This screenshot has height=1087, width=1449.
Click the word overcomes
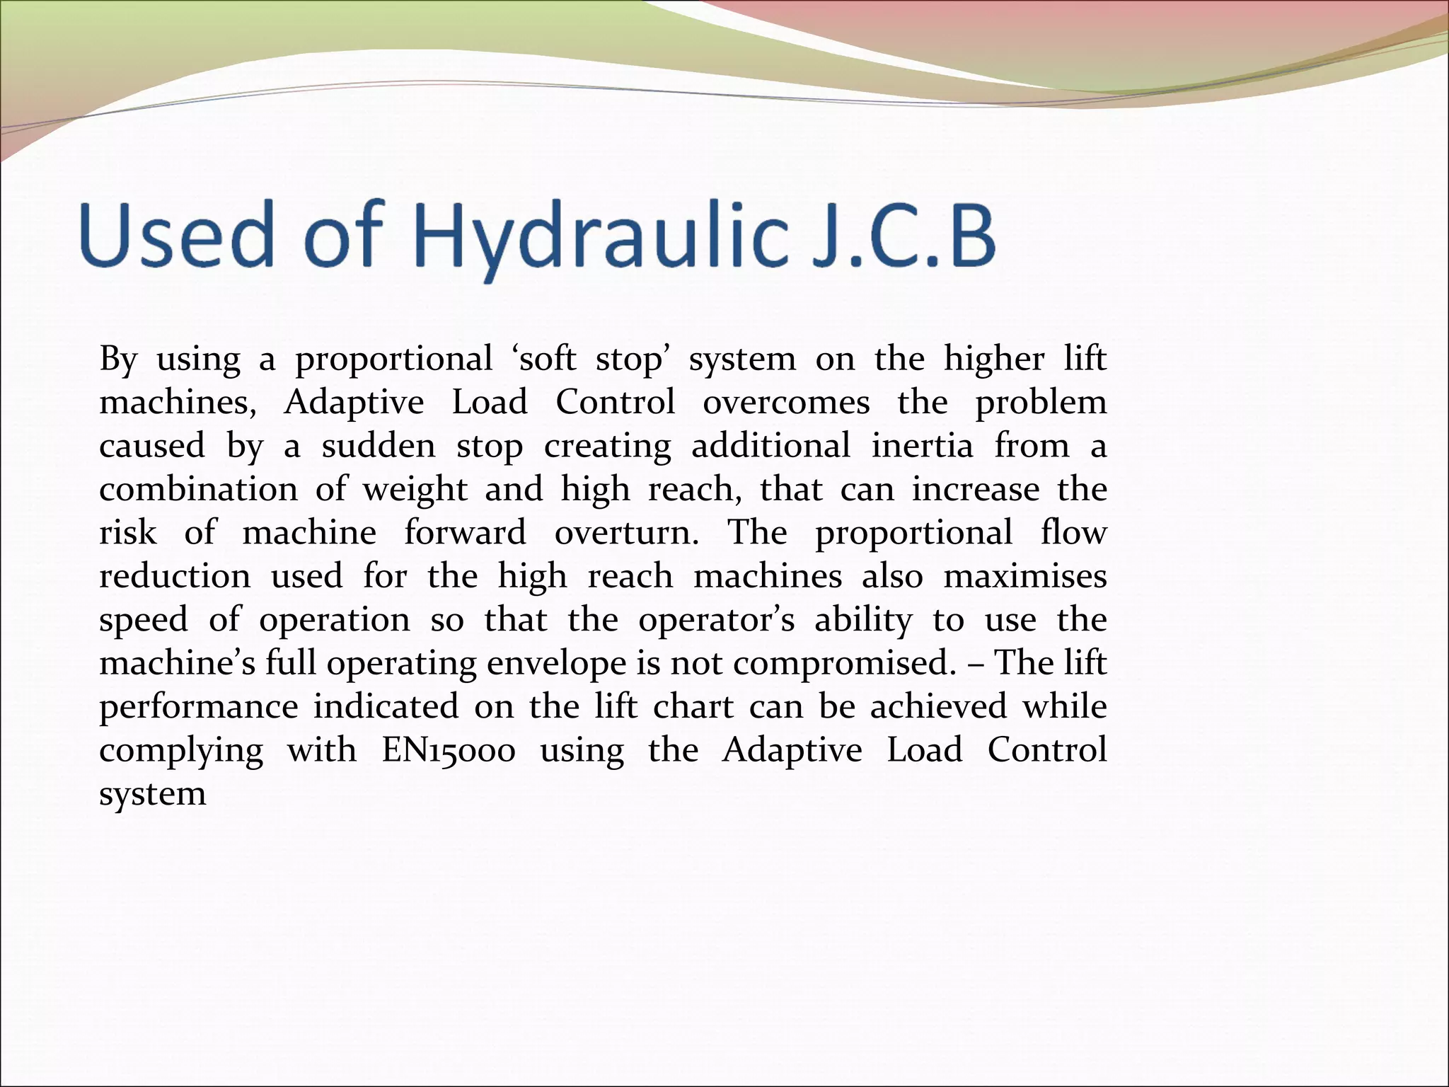(785, 403)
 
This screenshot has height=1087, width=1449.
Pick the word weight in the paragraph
(415, 490)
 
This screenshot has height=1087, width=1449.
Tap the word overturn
(626, 533)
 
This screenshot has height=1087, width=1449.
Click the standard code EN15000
(449, 750)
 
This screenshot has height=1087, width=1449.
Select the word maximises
(1025, 576)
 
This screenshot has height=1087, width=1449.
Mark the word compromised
(841, 664)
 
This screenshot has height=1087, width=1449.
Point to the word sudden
(379, 447)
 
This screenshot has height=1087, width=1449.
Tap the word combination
(198, 490)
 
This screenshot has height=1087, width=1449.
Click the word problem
(1041, 403)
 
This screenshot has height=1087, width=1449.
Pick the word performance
(198, 707)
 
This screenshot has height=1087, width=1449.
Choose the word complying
(181, 750)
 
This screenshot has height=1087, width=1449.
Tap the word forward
(465, 533)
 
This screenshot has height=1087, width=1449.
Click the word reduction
(175, 576)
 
